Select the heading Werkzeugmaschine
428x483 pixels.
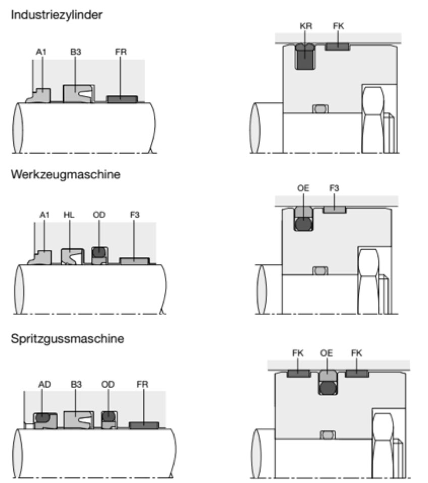coord(65,174)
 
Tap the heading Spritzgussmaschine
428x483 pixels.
coord(67,339)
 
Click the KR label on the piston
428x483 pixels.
coord(306,26)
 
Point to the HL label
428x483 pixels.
coord(69,215)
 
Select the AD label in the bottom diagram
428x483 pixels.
coord(44,384)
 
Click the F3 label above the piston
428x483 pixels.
coord(334,188)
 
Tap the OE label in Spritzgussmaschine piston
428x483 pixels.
coord(327,353)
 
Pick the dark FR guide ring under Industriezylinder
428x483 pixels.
coord(122,99)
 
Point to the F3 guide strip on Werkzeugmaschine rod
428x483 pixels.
coord(134,260)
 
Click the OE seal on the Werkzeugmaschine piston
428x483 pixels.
coord(304,219)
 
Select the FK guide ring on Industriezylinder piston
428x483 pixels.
coord(337,47)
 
